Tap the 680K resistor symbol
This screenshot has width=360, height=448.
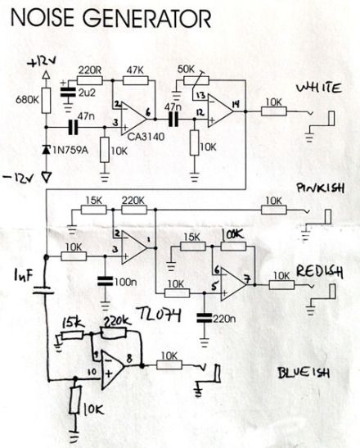click(46, 100)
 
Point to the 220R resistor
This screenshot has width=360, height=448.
click(90, 80)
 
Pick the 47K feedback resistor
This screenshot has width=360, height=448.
click(136, 80)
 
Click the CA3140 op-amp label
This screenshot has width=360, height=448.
click(146, 137)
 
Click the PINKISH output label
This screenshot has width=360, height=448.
click(320, 188)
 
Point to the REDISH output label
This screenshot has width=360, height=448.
click(319, 271)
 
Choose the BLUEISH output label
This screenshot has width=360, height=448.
click(304, 373)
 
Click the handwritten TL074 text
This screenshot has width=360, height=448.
click(159, 315)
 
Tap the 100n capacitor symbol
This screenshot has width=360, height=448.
click(106, 281)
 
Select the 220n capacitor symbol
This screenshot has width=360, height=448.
click(205, 318)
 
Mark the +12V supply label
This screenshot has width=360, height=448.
click(42, 62)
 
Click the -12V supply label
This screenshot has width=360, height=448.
click(18, 178)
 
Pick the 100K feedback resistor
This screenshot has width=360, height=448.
click(233, 246)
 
